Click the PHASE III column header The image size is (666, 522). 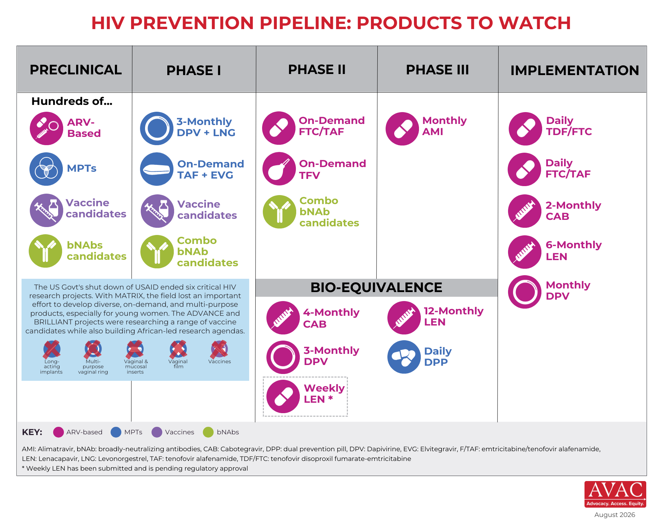click(x=437, y=70)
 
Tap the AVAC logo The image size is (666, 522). click(x=615, y=494)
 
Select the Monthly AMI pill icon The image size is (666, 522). click(x=402, y=129)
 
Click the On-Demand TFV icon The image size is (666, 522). click(x=279, y=168)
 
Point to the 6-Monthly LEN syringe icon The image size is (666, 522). click(x=525, y=252)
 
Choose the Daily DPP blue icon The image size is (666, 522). click(x=404, y=357)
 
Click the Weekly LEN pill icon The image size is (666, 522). click(x=283, y=396)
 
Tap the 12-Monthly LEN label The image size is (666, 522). click(x=453, y=316)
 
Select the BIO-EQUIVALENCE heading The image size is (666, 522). click(x=376, y=287)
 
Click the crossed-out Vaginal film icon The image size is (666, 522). click(x=178, y=349)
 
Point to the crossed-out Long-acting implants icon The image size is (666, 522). click(x=52, y=349)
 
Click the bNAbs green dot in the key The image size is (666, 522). click(x=208, y=432)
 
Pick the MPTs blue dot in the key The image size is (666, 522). click(x=116, y=432)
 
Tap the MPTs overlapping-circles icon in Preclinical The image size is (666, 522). click(x=46, y=169)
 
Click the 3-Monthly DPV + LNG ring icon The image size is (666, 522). click(x=157, y=128)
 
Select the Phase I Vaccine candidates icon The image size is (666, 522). click(x=157, y=211)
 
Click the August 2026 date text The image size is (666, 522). click(x=615, y=515)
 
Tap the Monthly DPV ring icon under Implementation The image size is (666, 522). click(x=525, y=292)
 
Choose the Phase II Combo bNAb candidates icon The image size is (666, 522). click(x=279, y=212)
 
